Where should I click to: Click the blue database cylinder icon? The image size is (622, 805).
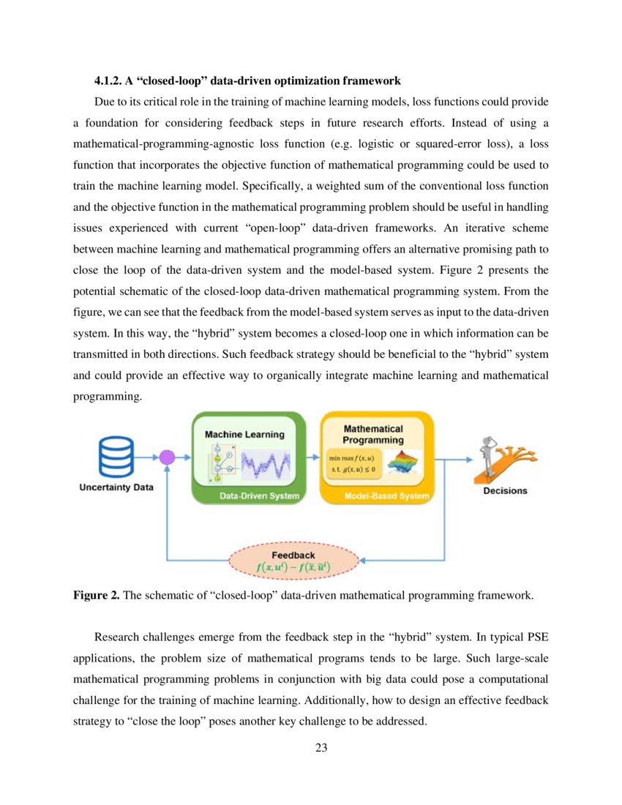click(x=116, y=457)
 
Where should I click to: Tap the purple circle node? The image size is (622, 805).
click(x=167, y=458)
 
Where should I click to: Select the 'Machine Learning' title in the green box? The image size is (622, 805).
click(x=244, y=434)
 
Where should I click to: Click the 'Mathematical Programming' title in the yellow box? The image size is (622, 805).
click(x=373, y=434)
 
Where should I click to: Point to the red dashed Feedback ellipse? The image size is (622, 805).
click(x=293, y=561)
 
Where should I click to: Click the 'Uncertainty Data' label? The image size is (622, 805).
click(x=116, y=488)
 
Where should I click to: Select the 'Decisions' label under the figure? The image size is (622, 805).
click(x=505, y=490)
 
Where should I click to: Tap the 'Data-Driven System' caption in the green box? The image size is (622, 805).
click(x=259, y=497)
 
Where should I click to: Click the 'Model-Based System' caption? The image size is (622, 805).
click(x=386, y=497)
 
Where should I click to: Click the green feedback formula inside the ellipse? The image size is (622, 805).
click(x=293, y=567)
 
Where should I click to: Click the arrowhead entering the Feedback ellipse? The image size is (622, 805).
click(x=362, y=561)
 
